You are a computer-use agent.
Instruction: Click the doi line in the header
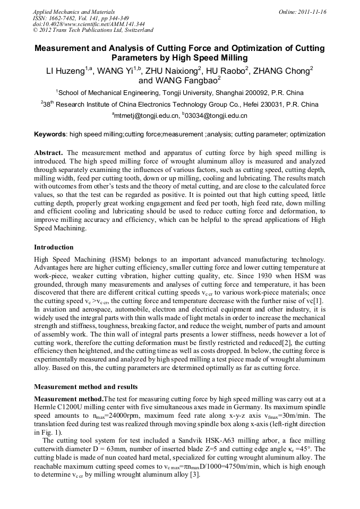point(89,24)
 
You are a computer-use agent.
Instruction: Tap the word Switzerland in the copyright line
point(136,31)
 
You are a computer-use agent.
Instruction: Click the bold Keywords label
point(50,134)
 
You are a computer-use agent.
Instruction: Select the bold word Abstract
point(48,152)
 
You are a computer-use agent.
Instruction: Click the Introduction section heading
point(54,247)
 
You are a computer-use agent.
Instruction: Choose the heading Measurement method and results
point(85,386)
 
